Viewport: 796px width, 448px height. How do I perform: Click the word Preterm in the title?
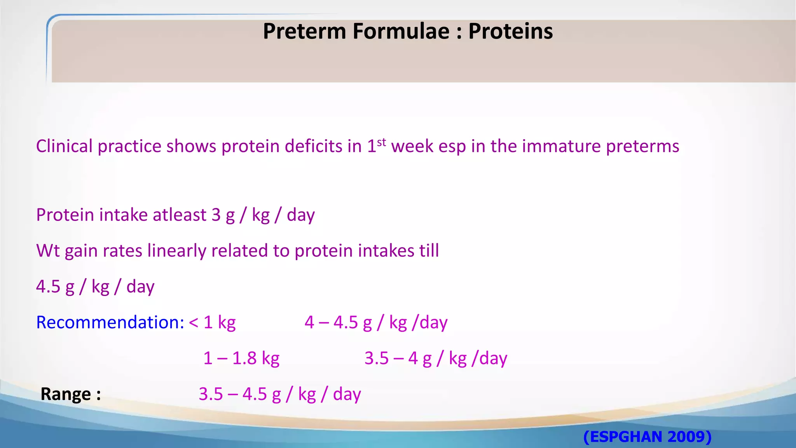tap(304, 31)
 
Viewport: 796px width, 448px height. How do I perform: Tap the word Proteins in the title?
tap(510, 31)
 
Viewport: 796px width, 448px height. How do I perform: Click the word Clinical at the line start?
tap(64, 146)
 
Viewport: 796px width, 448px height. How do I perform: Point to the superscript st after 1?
tap(381, 142)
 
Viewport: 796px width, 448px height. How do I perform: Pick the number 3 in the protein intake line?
tap(216, 215)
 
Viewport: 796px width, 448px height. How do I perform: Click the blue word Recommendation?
tap(110, 322)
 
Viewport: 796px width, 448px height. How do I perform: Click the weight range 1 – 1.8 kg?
tap(241, 358)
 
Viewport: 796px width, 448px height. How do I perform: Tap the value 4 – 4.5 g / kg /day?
tap(376, 322)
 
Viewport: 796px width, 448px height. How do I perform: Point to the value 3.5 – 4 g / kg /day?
tap(436, 358)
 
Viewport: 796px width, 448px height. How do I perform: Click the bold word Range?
tap(66, 394)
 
